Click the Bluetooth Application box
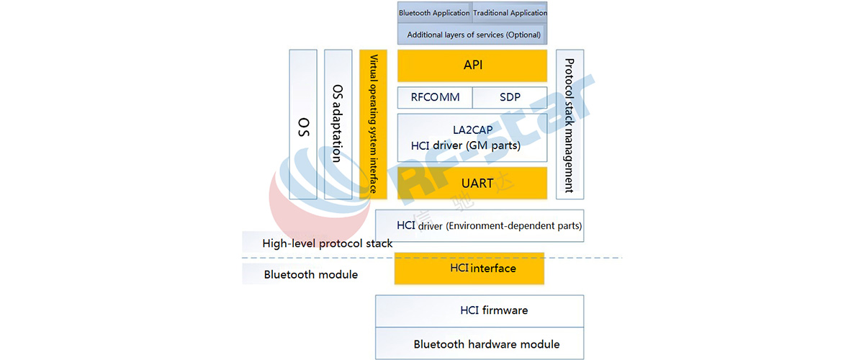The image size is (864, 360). [434, 12]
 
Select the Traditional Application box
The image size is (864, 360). [510, 12]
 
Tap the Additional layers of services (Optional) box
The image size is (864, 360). [472, 34]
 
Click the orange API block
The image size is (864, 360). [472, 66]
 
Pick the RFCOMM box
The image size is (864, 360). [435, 97]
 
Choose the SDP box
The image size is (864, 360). [510, 97]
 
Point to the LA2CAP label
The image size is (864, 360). [472, 130]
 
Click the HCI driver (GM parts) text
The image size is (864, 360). [466, 145]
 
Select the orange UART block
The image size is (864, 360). [472, 183]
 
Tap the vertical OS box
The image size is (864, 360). [303, 125]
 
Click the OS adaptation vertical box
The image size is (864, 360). [338, 125]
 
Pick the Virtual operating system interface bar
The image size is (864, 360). [373, 125]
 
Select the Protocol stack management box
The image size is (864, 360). [570, 125]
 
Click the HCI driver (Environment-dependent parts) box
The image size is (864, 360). [480, 226]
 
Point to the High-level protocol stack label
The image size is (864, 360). [327, 243]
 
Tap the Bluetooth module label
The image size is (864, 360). [310, 274]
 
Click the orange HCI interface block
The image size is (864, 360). [469, 269]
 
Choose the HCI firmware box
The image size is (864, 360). [480, 311]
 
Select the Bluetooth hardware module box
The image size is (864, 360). [480, 343]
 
